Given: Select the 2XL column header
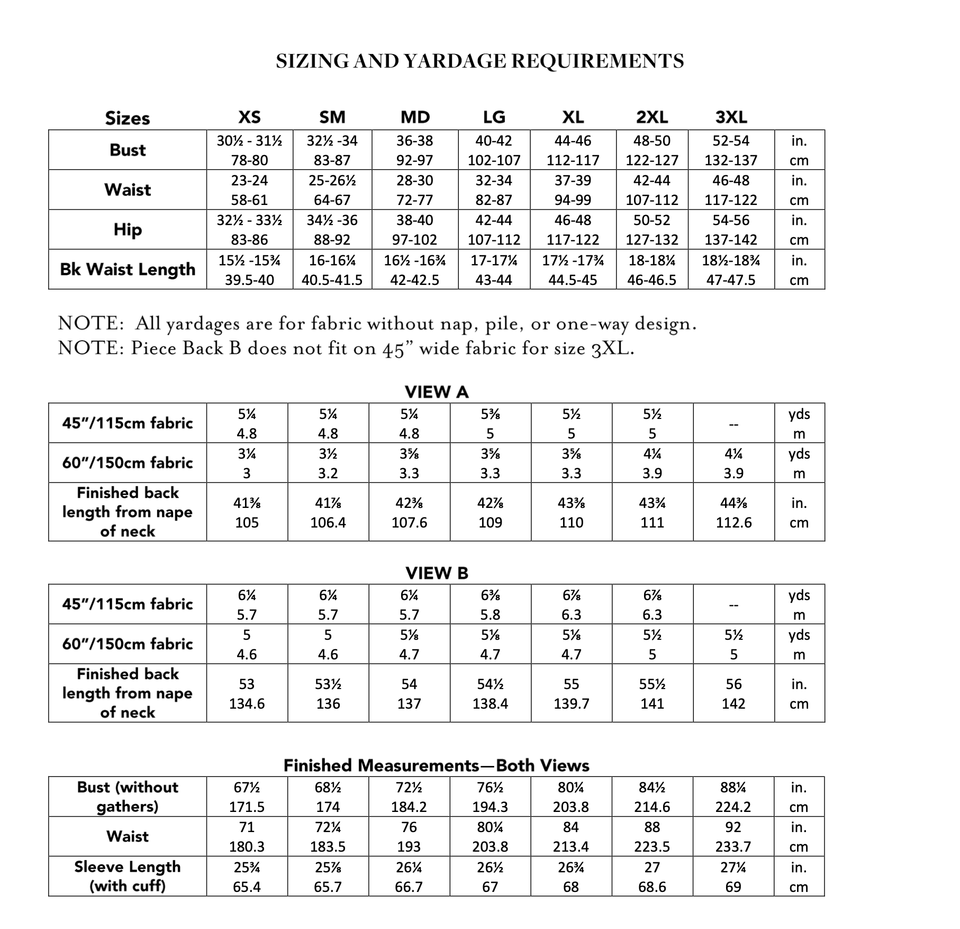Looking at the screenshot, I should click(652, 117).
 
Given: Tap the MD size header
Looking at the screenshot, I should click(415, 117).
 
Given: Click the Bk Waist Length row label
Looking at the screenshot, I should click(128, 269).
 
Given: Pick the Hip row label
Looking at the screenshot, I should click(128, 229).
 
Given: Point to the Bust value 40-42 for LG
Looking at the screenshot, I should click(494, 141).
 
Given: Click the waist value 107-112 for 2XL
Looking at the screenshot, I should click(652, 200).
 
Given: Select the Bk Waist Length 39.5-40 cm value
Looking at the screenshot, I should click(249, 280).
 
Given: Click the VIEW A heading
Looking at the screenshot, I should click(437, 392).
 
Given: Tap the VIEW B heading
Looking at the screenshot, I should click(437, 573).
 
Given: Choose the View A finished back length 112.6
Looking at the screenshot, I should click(733, 523).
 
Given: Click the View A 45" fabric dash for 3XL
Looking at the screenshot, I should click(733, 424).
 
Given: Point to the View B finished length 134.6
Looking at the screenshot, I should click(247, 704).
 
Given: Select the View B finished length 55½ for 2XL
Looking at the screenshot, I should click(652, 684).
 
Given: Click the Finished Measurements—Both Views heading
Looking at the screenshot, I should click(437, 765).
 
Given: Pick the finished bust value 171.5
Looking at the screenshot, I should click(247, 807).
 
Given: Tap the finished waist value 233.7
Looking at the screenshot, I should click(733, 847).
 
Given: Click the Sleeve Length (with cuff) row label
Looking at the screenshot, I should click(128, 877).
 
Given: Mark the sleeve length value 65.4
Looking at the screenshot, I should click(247, 887).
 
